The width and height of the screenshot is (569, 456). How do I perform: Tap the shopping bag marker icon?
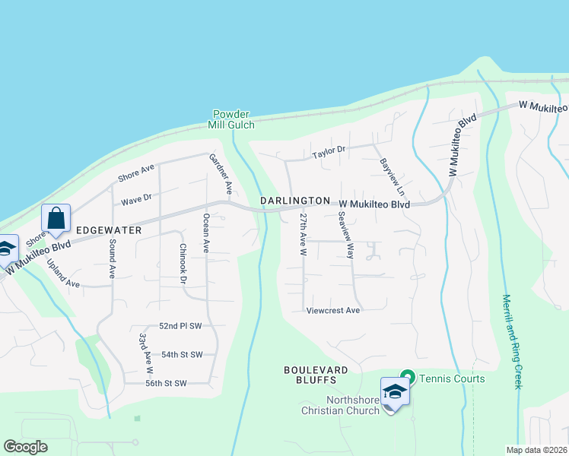click(x=56, y=218)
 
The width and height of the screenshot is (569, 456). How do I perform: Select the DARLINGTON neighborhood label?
click(x=295, y=201)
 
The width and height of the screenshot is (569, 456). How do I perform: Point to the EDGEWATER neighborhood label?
click(x=106, y=228)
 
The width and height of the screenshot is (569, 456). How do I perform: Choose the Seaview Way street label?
click(x=346, y=235)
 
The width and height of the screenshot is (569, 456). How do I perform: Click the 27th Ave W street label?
click(x=303, y=233)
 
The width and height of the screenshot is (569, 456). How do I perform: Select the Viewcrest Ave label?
click(x=332, y=310)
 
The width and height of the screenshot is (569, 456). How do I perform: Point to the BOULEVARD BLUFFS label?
click(x=316, y=375)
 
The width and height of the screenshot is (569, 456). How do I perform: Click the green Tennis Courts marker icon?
click(x=407, y=378)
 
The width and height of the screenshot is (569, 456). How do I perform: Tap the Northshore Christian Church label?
click(x=353, y=406)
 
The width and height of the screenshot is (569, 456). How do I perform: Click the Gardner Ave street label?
click(x=220, y=173)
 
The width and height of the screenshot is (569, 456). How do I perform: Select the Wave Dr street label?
click(x=137, y=199)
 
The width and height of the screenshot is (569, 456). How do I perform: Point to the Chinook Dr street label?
click(x=183, y=263)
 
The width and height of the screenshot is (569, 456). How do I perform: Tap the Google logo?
click(x=25, y=447)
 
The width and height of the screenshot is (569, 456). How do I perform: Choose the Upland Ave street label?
click(x=63, y=274)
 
